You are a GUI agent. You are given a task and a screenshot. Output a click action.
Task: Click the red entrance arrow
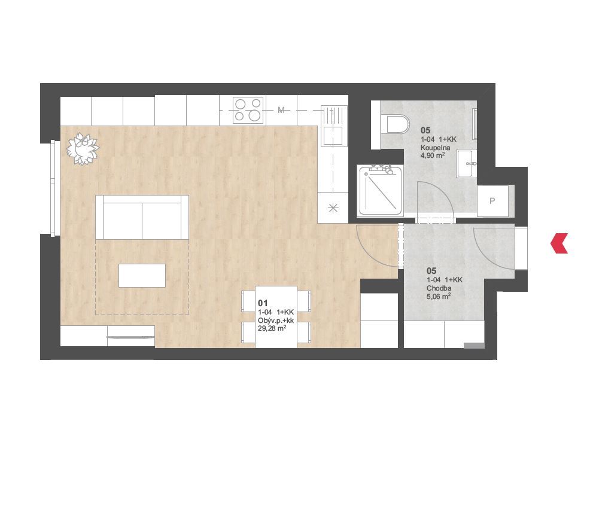[x=559, y=243]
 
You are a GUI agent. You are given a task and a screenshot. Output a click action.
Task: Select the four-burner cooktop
[x=248, y=110]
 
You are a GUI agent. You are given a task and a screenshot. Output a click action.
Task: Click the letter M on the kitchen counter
[x=281, y=110]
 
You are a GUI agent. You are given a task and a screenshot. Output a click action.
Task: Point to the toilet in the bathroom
[x=395, y=124]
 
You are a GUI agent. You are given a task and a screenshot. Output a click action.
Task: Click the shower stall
[x=380, y=190]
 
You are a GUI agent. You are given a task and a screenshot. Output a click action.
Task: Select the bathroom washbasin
[x=466, y=163]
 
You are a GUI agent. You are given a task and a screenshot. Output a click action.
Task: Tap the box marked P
[x=492, y=201]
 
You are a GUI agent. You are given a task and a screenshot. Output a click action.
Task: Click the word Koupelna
[x=435, y=148]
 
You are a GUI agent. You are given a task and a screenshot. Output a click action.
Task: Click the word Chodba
[x=439, y=288]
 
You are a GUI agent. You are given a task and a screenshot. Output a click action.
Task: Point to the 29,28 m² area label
[x=272, y=328]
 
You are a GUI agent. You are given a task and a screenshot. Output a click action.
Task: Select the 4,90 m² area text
[x=432, y=155]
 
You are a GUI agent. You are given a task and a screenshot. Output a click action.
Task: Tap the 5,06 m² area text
[x=439, y=297]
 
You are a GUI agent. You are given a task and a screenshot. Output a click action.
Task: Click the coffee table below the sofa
[x=142, y=276]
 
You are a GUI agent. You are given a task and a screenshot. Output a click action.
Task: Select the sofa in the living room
[x=142, y=217]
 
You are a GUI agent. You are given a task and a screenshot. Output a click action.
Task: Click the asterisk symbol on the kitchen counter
[x=333, y=207]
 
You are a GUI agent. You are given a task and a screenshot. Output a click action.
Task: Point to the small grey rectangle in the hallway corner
[x=474, y=346]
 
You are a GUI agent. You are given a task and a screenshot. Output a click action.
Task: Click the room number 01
[x=263, y=303]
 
